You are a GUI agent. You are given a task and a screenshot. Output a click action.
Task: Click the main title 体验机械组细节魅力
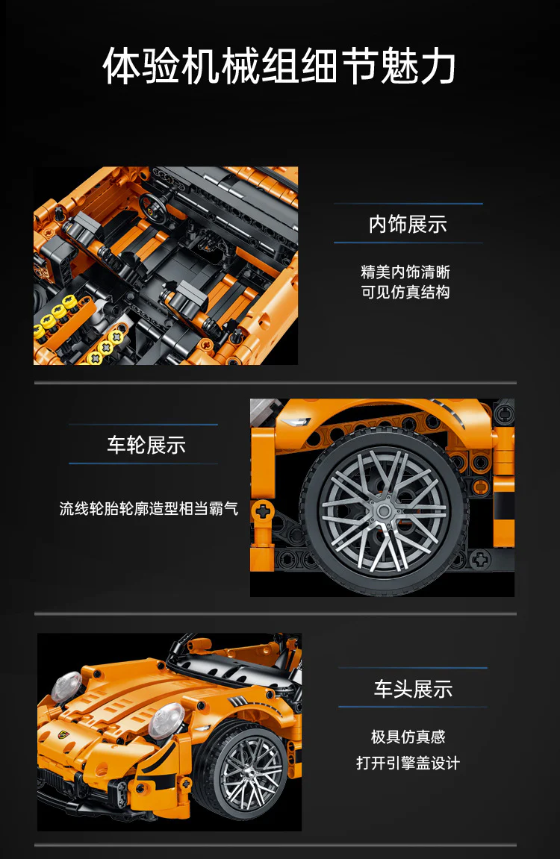pyautogui.click(x=279, y=66)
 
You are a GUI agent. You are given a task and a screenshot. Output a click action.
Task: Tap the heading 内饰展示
pyautogui.click(x=408, y=224)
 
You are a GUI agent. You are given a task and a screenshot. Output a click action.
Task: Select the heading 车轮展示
pyautogui.click(x=146, y=445)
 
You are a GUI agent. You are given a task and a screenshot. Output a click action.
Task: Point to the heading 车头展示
pyautogui.click(x=413, y=689)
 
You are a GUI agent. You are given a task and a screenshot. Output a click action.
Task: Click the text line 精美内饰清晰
pyautogui.click(x=405, y=272)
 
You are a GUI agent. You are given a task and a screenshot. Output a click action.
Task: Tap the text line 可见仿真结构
pyautogui.click(x=405, y=292)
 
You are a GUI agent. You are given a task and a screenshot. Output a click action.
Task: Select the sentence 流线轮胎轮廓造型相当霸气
pyautogui.click(x=149, y=508)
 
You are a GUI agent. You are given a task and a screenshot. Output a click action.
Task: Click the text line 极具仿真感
pyautogui.click(x=408, y=737)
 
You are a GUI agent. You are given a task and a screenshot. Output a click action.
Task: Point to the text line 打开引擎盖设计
pyautogui.click(x=408, y=763)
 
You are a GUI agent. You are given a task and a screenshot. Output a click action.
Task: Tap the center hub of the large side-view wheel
pyautogui.click(x=384, y=511)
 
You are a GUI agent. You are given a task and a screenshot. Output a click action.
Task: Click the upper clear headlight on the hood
pyautogui.click(x=67, y=686)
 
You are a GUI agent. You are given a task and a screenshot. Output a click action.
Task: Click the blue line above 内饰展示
pyautogui.click(x=408, y=204)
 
